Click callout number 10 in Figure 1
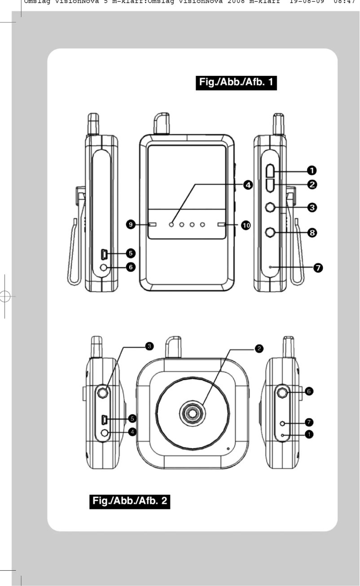coord(246,225)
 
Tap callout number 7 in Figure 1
coord(319,268)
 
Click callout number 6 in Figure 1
coord(131,267)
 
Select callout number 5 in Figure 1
coord(131,254)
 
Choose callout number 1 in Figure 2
coord(309,434)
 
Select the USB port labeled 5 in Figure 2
coord(104,420)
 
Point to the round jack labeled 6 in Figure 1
coord(104,267)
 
